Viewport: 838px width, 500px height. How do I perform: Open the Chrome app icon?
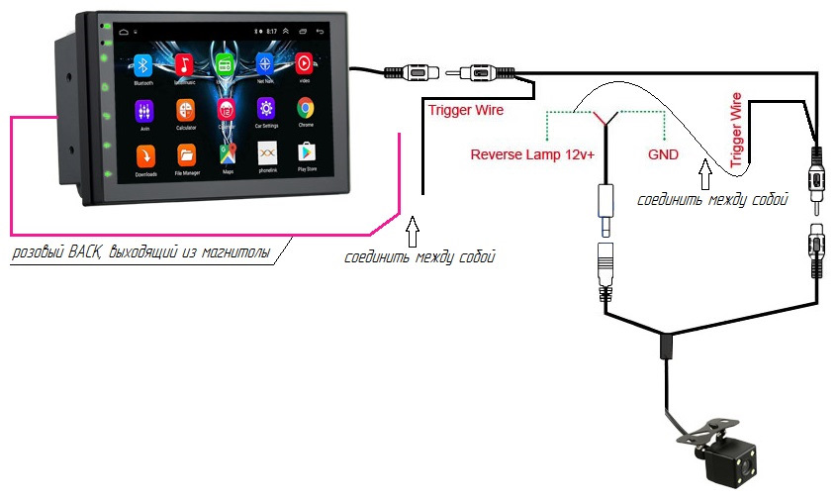coord(306,108)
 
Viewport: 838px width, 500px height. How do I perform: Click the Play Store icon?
coord(306,153)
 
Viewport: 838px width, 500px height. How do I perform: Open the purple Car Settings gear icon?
coord(265,108)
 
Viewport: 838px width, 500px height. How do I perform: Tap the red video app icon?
coord(305,62)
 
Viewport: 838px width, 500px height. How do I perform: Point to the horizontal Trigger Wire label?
coord(465,110)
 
